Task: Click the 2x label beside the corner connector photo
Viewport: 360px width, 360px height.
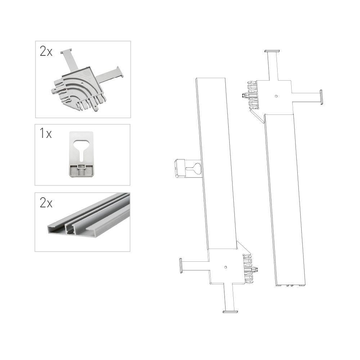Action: [46, 51]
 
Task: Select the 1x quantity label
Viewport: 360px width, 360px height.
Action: [46, 134]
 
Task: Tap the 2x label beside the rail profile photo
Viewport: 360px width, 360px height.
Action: [46, 203]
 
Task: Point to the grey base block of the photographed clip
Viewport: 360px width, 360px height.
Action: [81, 171]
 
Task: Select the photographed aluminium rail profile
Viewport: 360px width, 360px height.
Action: [89, 215]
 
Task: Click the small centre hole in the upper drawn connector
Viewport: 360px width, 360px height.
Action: [276, 96]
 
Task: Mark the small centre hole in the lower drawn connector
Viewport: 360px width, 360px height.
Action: [226, 267]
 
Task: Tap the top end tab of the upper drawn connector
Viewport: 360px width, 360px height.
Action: [272, 51]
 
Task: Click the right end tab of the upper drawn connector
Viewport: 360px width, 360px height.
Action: [321, 97]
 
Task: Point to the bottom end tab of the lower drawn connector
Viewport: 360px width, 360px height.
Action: [230, 311]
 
